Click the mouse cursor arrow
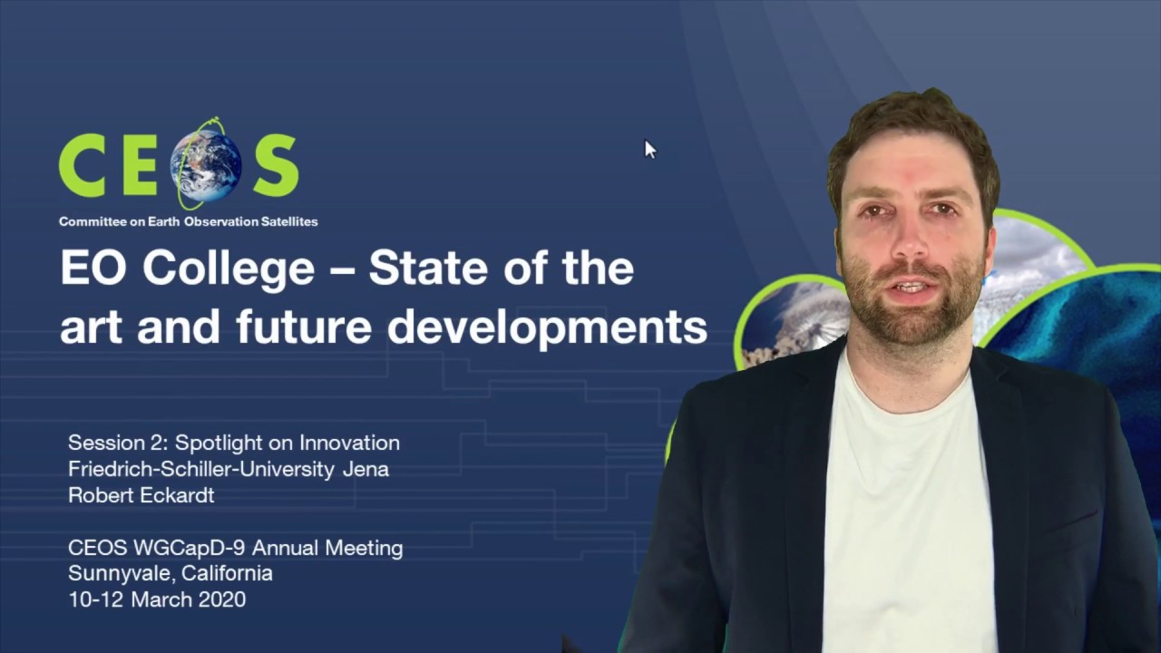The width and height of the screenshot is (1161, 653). tap(649, 150)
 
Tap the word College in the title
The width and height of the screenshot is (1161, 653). tap(229, 268)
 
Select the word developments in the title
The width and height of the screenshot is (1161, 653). tap(547, 326)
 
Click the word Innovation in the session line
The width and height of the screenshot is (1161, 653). tap(349, 443)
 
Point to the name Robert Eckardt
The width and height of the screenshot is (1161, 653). tap(141, 495)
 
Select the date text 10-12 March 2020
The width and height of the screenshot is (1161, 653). tap(157, 599)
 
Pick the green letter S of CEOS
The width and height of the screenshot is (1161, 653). tap(275, 166)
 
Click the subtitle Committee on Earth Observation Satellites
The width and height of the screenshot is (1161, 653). tap(188, 221)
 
